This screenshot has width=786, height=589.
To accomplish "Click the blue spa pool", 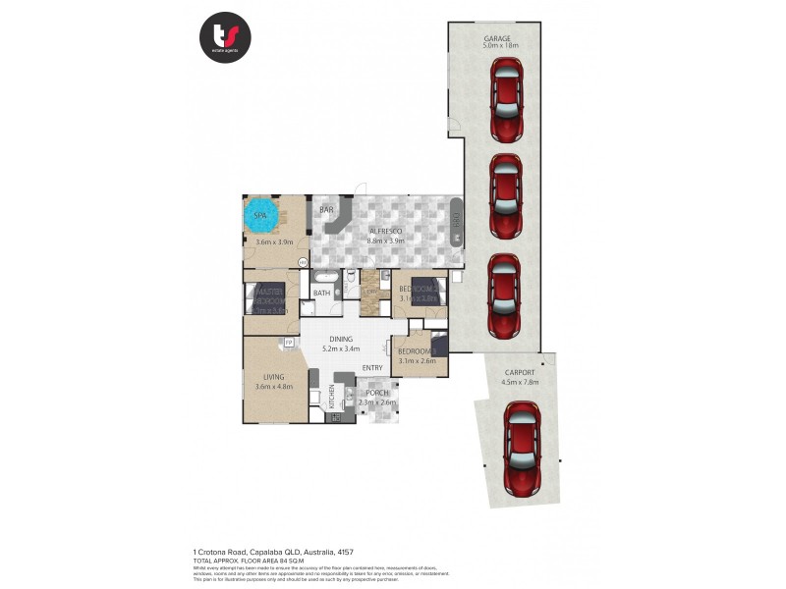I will point(262,215).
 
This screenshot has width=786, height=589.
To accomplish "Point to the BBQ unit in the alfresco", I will point(456,228).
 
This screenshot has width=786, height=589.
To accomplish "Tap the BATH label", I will point(321,293).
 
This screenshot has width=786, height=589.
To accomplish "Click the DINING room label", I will point(341,339).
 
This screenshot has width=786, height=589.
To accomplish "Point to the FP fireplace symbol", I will point(289,342).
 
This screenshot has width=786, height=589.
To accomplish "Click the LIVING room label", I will point(274,376).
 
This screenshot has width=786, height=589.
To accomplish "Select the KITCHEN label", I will point(332,398).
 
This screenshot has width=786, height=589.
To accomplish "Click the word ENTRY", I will point(372,368).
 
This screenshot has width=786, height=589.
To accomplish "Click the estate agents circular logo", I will point(225,37).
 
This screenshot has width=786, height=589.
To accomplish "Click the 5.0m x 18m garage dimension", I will point(500,45).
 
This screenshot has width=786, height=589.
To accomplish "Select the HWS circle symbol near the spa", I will point(303,262).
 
